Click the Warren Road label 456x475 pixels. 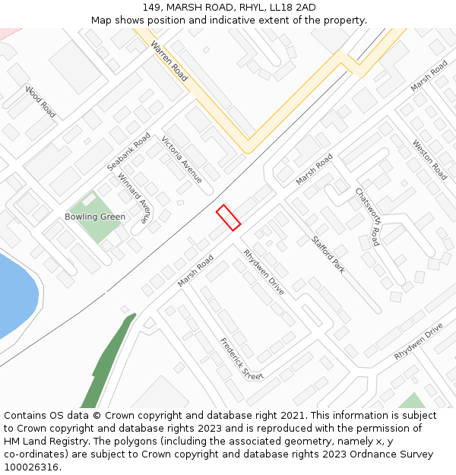coord(169,62)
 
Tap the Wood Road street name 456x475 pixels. coord(40,102)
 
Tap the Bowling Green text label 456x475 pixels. coord(95,217)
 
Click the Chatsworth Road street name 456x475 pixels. coord(367,217)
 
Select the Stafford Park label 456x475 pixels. coord(328,254)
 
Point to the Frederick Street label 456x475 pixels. coord(242,359)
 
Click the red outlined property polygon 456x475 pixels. coord(228,217)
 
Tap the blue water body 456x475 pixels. coord(15,296)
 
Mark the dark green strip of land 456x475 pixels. coord(106,365)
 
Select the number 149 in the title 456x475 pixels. coord(150,8)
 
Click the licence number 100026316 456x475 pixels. coord(32,467)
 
